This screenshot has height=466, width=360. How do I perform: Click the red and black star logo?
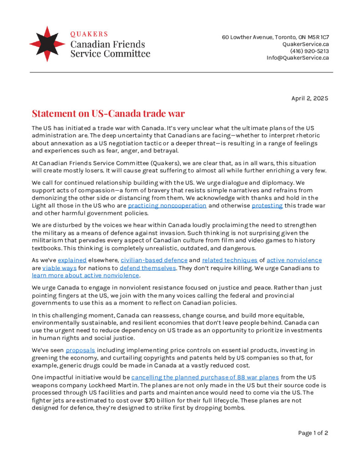click(x=47, y=44)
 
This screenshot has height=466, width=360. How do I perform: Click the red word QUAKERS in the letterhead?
click(x=89, y=34)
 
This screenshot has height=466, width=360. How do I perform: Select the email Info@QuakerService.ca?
click(x=298, y=58)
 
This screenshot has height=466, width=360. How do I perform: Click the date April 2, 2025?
click(x=309, y=98)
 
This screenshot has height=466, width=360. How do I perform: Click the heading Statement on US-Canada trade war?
click(x=108, y=113)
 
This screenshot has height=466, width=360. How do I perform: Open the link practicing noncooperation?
click(x=167, y=206)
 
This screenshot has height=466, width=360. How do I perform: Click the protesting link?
click(x=267, y=206)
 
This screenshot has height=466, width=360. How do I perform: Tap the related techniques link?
click(x=229, y=260)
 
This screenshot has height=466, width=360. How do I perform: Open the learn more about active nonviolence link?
click(x=85, y=275)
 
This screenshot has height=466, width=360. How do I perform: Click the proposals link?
click(x=81, y=350)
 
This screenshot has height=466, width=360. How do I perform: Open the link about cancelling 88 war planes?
click(x=205, y=377)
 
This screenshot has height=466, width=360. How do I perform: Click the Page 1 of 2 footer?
click(x=313, y=433)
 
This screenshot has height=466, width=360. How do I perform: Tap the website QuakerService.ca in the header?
click(x=305, y=44)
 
